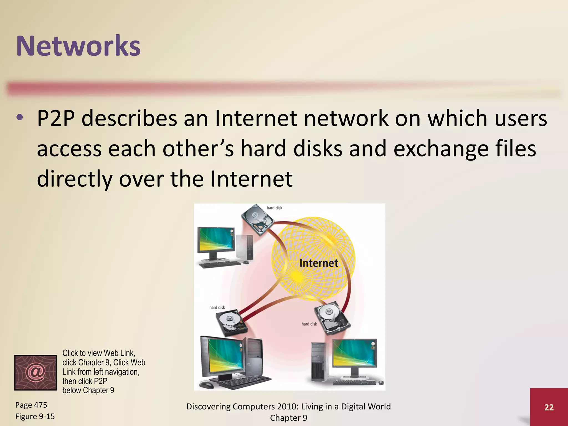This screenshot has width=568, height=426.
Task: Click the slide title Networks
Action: coord(78,46)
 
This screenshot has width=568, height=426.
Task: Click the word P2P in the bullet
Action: coord(56,118)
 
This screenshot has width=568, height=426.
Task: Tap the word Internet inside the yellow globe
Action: coord(319,263)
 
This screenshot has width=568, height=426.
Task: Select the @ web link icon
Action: coord(35,372)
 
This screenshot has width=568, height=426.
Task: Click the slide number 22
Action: coord(549,407)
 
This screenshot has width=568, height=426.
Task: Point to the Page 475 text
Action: coord(31,405)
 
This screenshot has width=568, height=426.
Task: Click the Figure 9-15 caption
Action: coord(35,416)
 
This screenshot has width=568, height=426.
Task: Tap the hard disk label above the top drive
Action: coord(274,208)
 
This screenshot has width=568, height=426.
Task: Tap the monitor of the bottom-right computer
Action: coord(354,353)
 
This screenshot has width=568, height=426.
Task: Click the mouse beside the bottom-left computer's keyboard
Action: coord(206,385)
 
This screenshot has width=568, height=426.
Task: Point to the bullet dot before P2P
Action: coord(20,118)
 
